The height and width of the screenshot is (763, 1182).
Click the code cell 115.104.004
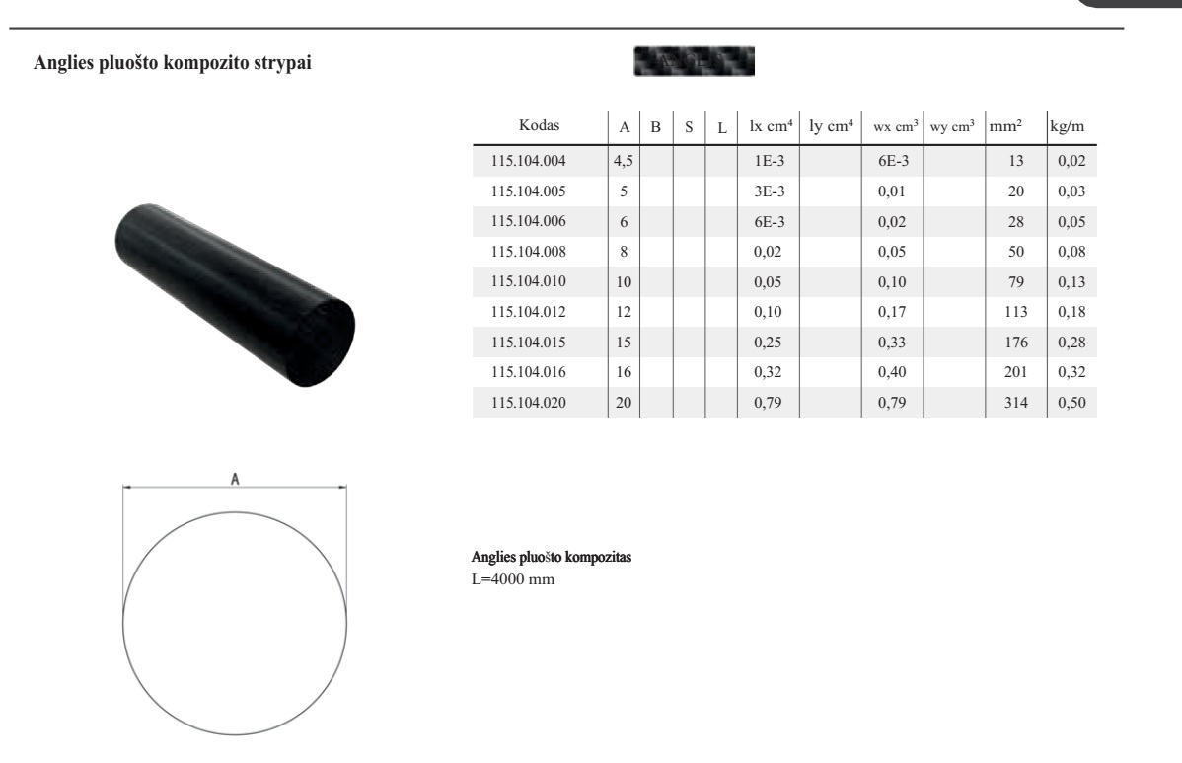pyautogui.click(x=528, y=161)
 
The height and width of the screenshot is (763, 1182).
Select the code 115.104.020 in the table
pyautogui.click(x=528, y=403)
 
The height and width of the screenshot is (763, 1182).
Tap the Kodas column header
pyautogui.click(x=539, y=125)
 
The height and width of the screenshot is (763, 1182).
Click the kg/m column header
pyautogui.click(x=1067, y=126)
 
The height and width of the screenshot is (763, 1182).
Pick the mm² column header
pyautogui.click(x=1005, y=126)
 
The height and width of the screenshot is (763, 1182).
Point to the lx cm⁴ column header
pyautogui.click(x=771, y=126)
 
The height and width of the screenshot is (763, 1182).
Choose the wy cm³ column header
pyautogui.click(x=952, y=126)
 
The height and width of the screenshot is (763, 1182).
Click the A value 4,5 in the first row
pyautogui.click(x=624, y=161)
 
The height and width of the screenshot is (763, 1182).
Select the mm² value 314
pyautogui.click(x=1015, y=403)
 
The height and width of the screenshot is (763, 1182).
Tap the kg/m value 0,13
pyautogui.click(x=1071, y=282)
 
